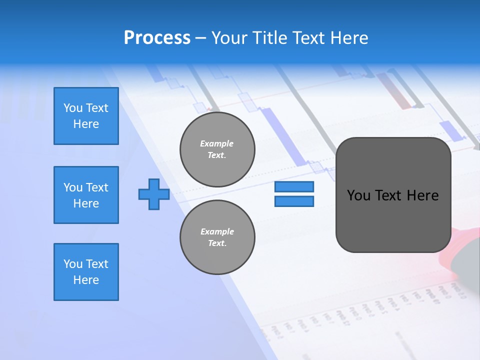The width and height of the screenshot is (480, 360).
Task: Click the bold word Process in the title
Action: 157,38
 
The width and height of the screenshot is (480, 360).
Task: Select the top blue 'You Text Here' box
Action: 86,116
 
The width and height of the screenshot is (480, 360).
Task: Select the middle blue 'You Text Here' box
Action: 86,195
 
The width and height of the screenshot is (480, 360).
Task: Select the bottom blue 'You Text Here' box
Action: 86,272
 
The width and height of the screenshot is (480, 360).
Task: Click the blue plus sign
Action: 154,194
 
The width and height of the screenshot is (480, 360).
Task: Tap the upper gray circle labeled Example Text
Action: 217,149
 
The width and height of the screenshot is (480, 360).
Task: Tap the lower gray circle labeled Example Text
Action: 217,237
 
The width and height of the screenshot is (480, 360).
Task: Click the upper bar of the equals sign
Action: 294,186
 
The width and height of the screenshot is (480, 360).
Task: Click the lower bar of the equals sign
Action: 294,201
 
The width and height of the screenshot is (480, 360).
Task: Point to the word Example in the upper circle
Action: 216,143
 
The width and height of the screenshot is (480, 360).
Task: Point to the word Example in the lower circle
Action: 217,231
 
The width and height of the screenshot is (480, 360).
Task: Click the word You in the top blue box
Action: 73,108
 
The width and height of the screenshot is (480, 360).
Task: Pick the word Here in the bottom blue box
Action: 86,280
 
